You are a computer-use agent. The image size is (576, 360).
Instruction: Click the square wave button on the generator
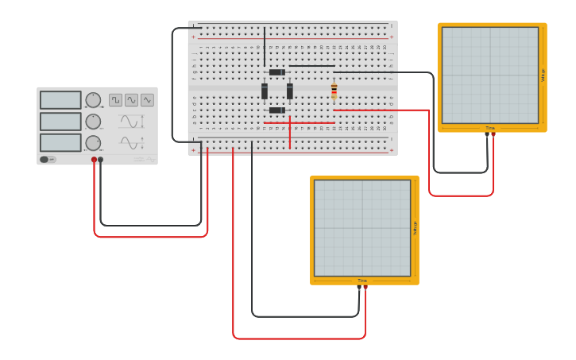(116, 100)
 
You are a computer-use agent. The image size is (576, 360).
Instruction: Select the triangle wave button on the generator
(147, 100)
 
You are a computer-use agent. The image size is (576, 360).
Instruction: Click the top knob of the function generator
(93, 100)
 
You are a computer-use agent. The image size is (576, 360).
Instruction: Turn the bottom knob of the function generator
(93, 143)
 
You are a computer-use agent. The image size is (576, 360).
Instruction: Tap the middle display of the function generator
(60, 122)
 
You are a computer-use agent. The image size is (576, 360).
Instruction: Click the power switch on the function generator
(48, 159)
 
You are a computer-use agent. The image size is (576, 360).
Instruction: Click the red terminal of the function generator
(94, 160)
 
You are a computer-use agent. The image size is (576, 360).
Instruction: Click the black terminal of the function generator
(100, 160)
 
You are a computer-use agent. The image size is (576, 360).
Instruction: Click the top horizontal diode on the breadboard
(276, 72)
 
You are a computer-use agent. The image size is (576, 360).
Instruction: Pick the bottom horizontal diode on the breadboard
(276, 110)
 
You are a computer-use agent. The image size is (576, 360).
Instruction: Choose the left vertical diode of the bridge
(265, 91)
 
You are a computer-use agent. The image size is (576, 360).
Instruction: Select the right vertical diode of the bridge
(290, 91)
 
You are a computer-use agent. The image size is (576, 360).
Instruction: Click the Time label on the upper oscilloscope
(490, 128)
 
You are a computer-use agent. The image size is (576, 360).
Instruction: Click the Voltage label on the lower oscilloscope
(415, 228)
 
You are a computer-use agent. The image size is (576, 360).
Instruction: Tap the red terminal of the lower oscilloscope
(365, 288)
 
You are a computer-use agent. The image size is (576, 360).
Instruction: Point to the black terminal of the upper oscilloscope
(487, 134)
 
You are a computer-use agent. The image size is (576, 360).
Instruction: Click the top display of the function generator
(60, 100)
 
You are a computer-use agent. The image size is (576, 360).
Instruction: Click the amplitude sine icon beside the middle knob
(131, 122)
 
